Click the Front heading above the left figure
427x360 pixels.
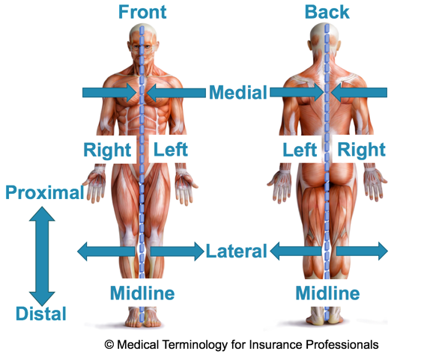[142, 12]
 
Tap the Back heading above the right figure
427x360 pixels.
[327, 12]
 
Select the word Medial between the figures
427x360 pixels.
[238, 93]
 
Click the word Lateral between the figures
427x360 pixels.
[237, 251]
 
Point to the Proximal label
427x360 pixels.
[45, 192]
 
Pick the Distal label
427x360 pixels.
[41, 314]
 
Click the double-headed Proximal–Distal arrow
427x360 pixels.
[42, 256]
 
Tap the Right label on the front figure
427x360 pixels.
[107, 150]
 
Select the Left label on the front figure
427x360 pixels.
[171, 150]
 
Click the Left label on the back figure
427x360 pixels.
[300, 150]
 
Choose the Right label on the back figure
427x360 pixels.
[362, 150]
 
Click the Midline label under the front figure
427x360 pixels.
[142, 293]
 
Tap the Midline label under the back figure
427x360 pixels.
[328, 293]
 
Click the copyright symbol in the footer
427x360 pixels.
[109, 345]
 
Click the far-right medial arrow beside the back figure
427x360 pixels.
[359, 93]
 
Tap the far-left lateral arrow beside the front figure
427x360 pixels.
[106, 251]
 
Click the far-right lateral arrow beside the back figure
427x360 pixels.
[362, 251]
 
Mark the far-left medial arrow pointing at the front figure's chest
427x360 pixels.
[109, 93]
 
